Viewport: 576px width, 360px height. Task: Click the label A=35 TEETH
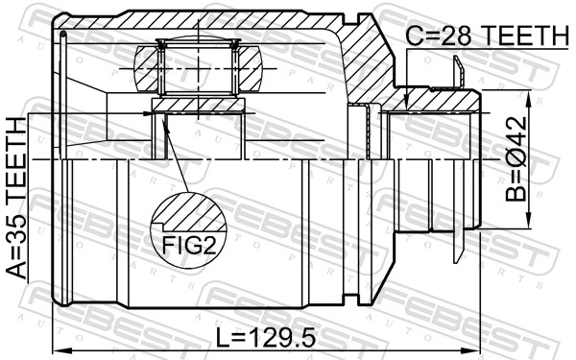(16, 198)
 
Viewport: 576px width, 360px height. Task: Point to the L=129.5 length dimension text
(264, 337)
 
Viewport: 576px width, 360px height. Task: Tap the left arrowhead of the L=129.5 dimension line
(60, 349)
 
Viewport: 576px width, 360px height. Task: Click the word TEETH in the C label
(522, 36)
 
